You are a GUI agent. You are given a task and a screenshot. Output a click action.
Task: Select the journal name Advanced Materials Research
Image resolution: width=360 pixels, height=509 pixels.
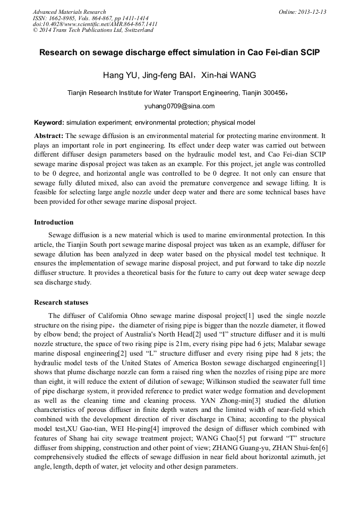pyautogui.click(x=69, y=12)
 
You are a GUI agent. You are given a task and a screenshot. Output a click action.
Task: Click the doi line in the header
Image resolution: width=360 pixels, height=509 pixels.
pyautogui.click(x=95, y=24)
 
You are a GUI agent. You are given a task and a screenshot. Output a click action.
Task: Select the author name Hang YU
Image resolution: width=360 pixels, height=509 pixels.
pyautogui.click(x=121, y=75)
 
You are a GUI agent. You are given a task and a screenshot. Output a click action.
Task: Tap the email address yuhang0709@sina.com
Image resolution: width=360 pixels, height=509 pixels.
pyautogui.click(x=179, y=106)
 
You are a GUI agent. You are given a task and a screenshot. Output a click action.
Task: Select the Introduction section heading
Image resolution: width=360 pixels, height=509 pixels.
pyautogui.click(x=54, y=222)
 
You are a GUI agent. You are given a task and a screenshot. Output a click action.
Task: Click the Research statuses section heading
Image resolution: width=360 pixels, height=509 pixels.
pyautogui.click(x=61, y=303)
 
